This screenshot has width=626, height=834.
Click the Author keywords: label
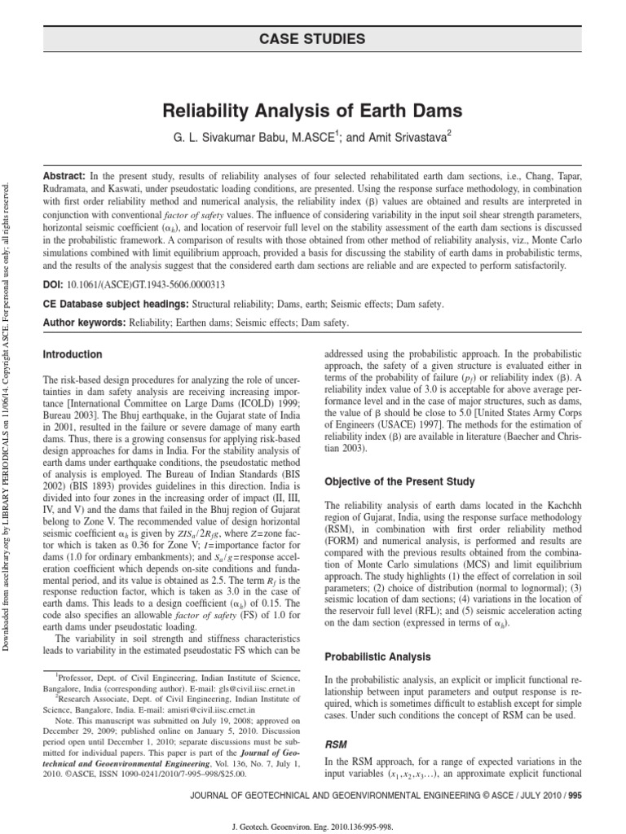point(84,323)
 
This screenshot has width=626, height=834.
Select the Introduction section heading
point(73,355)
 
